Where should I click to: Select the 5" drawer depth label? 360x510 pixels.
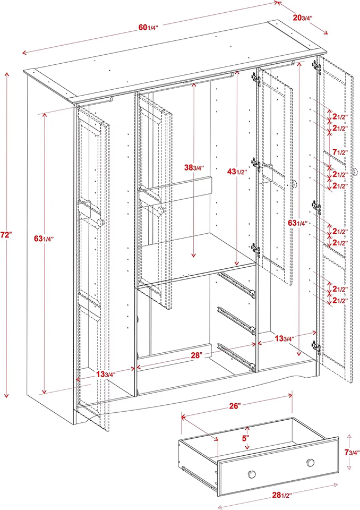(x=246, y=439)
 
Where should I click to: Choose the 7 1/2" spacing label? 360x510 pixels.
(x=339, y=152)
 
